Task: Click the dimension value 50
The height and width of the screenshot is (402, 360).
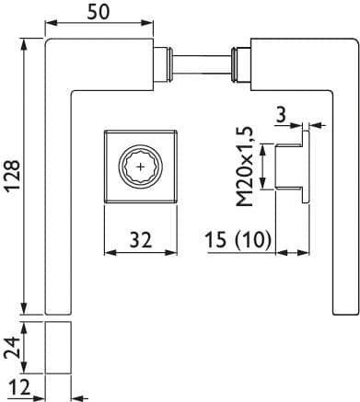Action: click(x=99, y=13)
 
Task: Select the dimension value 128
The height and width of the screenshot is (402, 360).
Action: click(x=14, y=177)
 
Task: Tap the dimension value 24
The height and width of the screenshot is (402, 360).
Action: click(x=12, y=348)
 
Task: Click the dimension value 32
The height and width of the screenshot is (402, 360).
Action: click(x=141, y=240)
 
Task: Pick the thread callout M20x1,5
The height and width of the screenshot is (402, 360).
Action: click(x=245, y=167)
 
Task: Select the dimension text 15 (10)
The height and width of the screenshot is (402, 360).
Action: click(x=238, y=239)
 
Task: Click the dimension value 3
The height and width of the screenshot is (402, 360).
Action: click(x=281, y=114)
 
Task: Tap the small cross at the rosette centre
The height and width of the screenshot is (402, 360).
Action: click(x=141, y=167)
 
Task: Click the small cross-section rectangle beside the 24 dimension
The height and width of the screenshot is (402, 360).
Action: click(x=58, y=348)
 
